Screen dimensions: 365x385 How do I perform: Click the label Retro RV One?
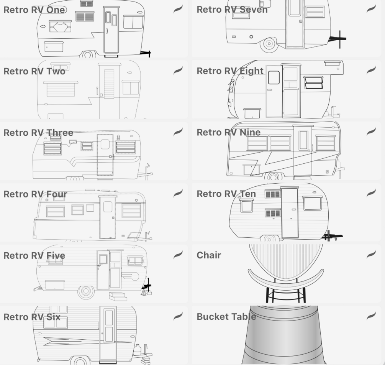34,10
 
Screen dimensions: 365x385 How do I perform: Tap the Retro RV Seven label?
232,10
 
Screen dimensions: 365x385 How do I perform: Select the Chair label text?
209,255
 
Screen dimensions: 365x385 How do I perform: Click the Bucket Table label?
226,317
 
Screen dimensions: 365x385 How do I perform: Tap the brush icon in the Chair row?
371,254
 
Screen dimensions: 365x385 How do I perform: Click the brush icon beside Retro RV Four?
178,193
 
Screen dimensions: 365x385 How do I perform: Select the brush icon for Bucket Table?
371,316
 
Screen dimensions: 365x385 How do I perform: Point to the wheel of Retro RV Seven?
269,44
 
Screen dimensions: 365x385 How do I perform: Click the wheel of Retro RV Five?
86,291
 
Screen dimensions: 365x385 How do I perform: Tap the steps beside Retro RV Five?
118,296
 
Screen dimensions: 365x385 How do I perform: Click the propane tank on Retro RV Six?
137,350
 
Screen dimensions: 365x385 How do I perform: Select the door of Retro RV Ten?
290,213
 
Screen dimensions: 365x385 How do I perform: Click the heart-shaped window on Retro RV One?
60,26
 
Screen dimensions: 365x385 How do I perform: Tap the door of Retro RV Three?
105,155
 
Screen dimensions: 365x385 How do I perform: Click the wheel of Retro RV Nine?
273,176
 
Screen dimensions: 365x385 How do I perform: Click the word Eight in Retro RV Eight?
252,71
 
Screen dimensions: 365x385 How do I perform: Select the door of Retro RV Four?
108,217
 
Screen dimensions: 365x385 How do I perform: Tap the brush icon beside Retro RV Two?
178,70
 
